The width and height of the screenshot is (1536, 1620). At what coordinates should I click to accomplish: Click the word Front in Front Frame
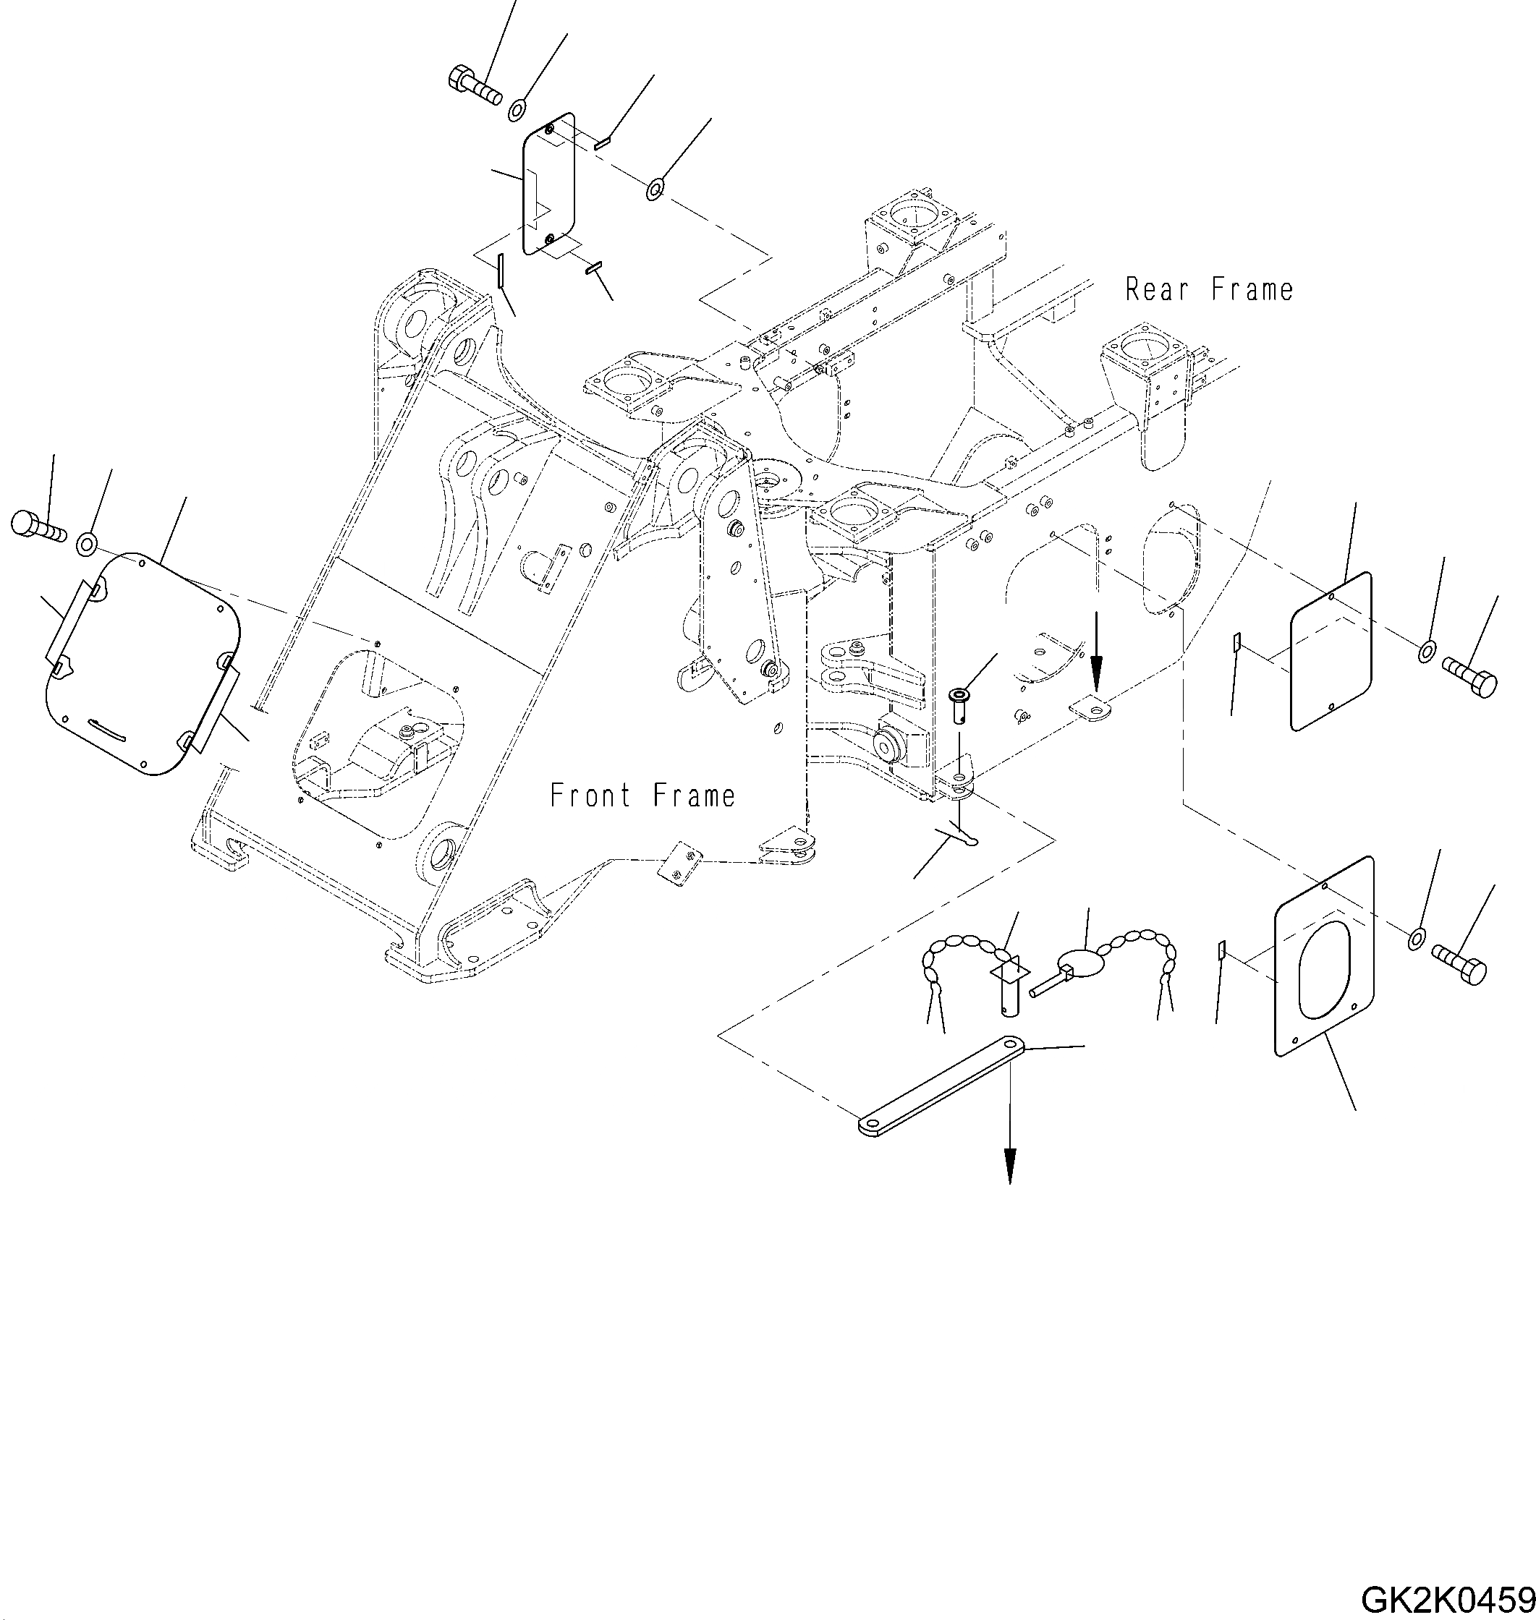(590, 796)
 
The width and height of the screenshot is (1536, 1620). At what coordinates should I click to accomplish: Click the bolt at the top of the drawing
(474, 86)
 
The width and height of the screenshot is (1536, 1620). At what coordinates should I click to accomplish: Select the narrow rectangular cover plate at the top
(548, 182)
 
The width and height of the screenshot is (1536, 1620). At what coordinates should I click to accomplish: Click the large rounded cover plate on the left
(143, 664)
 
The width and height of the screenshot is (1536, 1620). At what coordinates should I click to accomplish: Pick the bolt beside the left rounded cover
(38, 526)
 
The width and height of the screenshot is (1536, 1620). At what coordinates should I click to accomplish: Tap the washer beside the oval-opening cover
(1416, 939)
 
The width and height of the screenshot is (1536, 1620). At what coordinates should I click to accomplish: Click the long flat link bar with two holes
(941, 1086)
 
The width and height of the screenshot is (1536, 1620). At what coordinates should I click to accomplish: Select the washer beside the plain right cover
(1425, 652)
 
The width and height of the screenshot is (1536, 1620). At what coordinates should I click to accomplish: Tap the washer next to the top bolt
(517, 109)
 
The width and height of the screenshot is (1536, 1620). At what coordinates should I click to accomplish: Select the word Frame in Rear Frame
(1252, 289)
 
